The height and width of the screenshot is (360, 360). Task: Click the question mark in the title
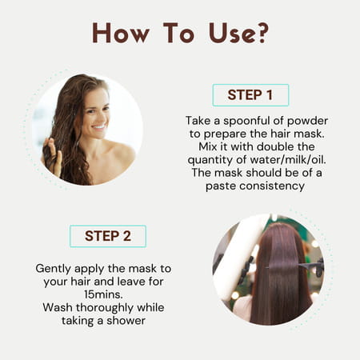(x=262, y=33)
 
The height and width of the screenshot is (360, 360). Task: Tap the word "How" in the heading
(x=121, y=33)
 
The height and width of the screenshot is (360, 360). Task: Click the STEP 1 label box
(x=250, y=95)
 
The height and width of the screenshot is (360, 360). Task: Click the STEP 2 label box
(x=108, y=236)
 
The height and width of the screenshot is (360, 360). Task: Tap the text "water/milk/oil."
(x=288, y=160)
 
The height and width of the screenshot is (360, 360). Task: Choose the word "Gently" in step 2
(x=54, y=269)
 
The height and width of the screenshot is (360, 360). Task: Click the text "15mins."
(x=104, y=294)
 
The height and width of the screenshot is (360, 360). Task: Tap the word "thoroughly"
(x=105, y=308)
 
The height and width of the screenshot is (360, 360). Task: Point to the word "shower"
(x=126, y=321)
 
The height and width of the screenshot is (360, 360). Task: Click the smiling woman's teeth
(x=99, y=126)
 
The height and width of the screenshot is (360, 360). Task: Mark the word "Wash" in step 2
(x=58, y=307)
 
